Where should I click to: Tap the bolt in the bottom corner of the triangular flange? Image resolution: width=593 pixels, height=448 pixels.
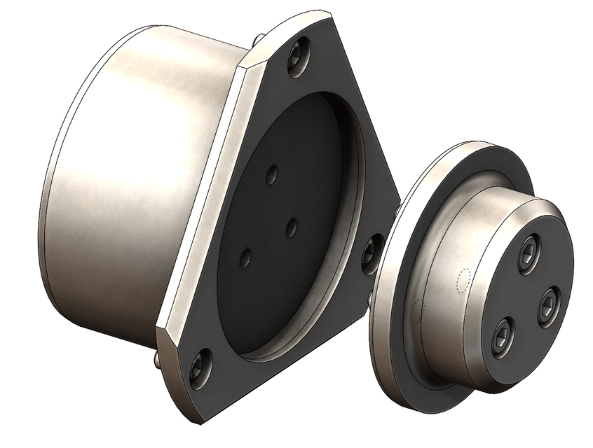[x=198, y=366]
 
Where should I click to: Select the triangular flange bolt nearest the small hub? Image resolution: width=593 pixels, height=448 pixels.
[x=372, y=253]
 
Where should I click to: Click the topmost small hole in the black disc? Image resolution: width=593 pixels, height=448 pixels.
[x=273, y=175]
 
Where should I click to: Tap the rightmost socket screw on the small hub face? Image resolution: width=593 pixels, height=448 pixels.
[x=548, y=306]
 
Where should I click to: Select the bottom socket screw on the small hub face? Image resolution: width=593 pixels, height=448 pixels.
[x=503, y=337]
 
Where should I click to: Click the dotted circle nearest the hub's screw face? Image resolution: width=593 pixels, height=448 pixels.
[x=462, y=281]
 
